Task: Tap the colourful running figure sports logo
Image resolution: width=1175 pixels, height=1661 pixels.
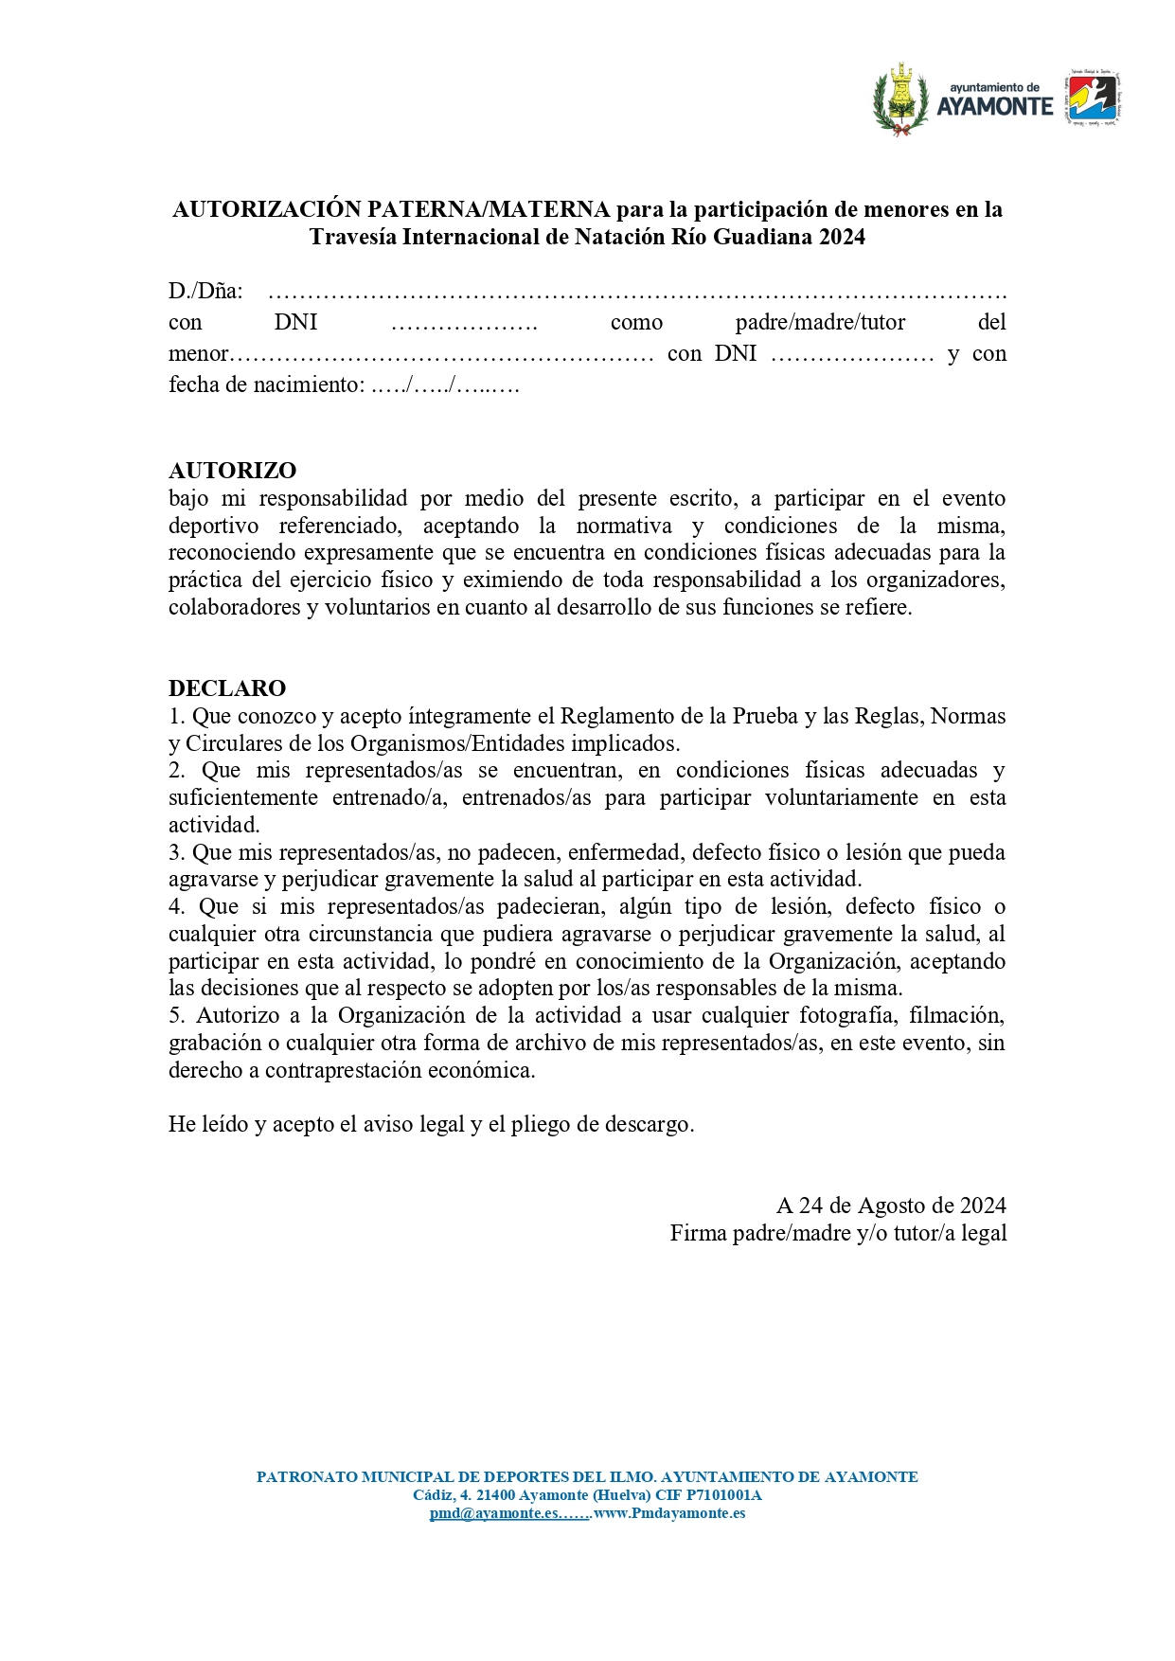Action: (x=1094, y=98)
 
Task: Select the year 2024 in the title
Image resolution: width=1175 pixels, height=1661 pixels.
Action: (x=843, y=237)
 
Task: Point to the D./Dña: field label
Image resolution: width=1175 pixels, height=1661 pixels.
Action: (x=205, y=292)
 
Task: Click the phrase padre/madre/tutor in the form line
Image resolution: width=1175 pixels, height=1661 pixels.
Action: (x=820, y=323)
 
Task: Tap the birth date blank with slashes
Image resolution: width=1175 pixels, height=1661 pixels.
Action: (x=445, y=385)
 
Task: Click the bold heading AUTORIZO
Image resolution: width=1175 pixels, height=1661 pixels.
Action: (x=232, y=471)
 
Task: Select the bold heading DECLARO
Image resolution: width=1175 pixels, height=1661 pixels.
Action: (x=227, y=688)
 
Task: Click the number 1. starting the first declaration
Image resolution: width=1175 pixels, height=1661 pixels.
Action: (x=177, y=716)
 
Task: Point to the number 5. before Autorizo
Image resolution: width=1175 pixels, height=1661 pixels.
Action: (x=177, y=1016)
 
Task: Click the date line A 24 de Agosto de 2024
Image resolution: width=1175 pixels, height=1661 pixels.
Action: (x=891, y=1206)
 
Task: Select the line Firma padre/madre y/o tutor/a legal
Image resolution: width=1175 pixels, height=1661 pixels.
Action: (x=838, y=1234)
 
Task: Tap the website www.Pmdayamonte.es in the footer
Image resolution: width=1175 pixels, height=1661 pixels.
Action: (x=669, y=1513)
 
